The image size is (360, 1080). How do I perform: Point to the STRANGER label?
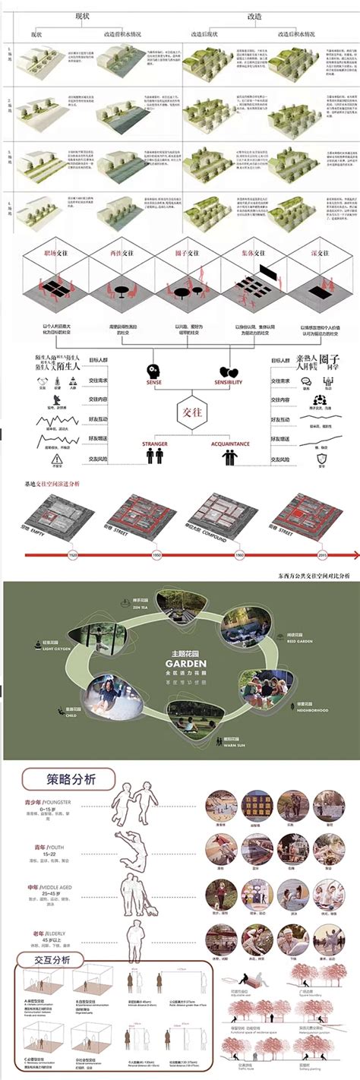(x=154, y=443)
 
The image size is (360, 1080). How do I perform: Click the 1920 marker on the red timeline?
(x=74, y=555)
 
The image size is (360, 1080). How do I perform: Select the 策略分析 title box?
(x=68, y=779)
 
